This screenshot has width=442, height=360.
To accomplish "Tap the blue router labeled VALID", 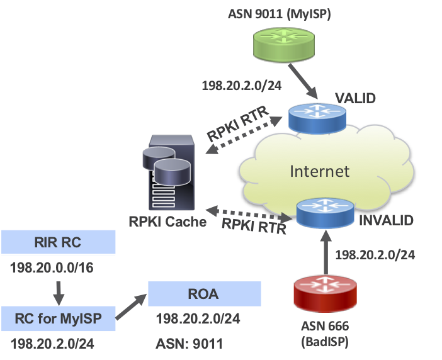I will click(317, 117).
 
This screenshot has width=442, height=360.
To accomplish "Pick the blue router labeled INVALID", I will click(325, 213).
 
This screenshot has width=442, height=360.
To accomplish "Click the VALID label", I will click(356, 98).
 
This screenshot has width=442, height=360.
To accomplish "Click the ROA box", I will click(204, 293).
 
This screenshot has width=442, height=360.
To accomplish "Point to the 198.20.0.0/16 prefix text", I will click(51, 267).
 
